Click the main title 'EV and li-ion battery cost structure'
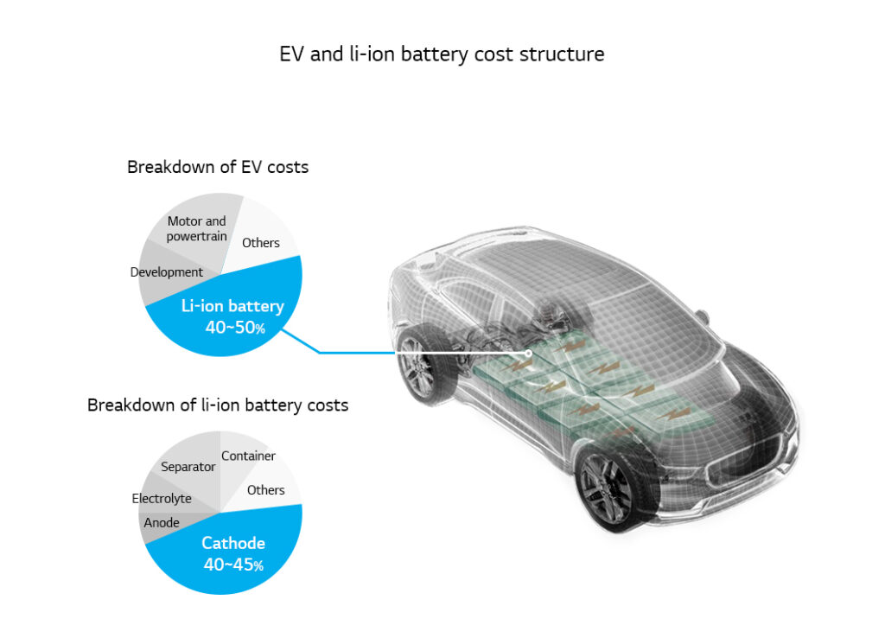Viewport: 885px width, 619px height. click(442, 54)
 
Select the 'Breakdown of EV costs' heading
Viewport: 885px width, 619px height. click(218, 167)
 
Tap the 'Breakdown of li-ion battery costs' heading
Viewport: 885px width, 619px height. click(218, 405)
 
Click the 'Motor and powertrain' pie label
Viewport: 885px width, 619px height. click(197, 228)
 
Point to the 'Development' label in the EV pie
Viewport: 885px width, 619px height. click(167, 272)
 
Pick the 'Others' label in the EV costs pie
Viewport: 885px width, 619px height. click(261, 243)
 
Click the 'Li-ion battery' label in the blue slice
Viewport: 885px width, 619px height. click(232, 306)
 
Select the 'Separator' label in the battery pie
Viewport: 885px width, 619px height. click(188, 467)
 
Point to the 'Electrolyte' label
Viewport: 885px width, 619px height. click(162, 499)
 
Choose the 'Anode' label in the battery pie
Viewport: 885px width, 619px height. click(162, 522)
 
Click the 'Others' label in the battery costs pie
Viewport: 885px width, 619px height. click(265, 490)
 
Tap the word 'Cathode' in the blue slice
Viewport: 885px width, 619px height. click(233, 544)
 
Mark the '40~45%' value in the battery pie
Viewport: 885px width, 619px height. click(233, 565)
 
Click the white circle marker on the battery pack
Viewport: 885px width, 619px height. click(528, 353)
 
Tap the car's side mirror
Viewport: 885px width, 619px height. click(702, 316)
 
